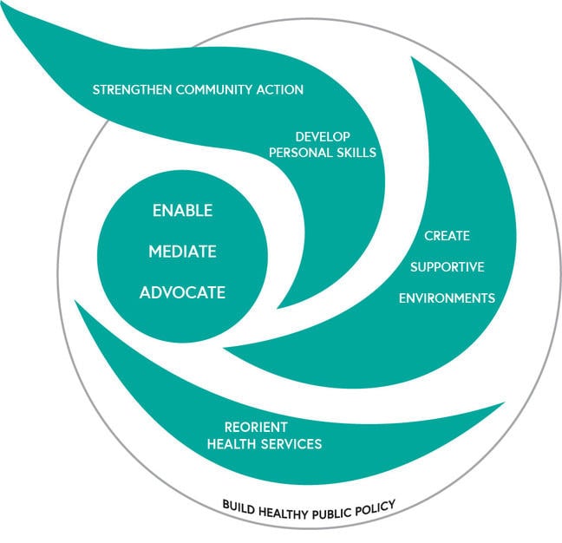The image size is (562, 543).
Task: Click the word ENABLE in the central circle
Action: (182, 211)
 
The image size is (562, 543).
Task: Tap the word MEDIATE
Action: (182, 252)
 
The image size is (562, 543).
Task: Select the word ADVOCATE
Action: (182, 292)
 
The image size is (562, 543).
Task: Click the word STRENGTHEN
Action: (132, 89)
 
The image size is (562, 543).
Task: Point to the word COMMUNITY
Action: (214, 89)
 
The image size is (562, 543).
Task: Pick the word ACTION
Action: (280, 89)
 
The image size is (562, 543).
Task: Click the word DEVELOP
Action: (323, 136)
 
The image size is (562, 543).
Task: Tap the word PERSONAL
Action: (301, 153)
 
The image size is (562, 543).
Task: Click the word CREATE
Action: (447, 236)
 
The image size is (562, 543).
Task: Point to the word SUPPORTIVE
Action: (447, 267)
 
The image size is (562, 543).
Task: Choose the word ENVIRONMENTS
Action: (447, 298)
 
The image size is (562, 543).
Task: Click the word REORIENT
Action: (256, 428)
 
